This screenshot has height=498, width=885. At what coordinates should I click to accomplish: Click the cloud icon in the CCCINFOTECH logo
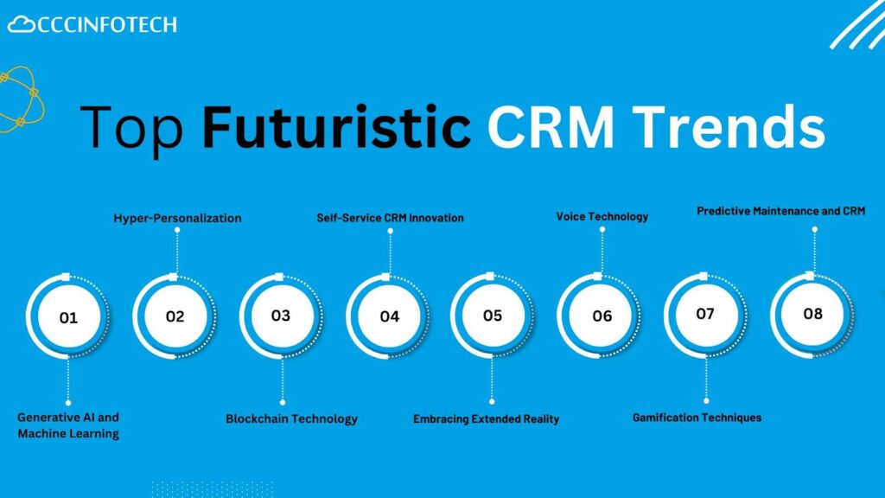pos(22,24)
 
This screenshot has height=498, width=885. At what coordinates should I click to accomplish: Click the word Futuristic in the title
pos(336,126)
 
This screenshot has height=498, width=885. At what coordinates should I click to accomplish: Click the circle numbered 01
pos(68,316)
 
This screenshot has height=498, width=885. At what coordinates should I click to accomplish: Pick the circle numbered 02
pos(175,316)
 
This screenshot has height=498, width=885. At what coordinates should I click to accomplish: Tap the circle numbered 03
pos(281,316)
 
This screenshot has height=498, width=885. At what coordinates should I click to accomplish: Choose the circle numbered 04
pos(388,316)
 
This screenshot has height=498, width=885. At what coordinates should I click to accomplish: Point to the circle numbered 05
pos(493,315)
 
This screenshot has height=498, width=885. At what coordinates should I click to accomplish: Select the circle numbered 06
pos(600,316)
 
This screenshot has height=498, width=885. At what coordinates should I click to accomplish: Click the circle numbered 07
pos(706,315)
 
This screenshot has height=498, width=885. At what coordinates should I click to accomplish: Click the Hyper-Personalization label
pos(177,219)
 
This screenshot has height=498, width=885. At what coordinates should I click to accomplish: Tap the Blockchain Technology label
pos(292,419)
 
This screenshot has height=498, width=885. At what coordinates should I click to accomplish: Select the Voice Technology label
pos(602,217)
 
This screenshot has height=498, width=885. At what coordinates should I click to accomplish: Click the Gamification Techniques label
pos(697,418)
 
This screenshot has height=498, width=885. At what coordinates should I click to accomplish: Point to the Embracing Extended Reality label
pos(486,419)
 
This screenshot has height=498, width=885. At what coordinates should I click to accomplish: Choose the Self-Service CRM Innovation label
pos(390,218)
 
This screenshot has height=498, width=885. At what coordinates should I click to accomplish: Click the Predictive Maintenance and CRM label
pos(780,211)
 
